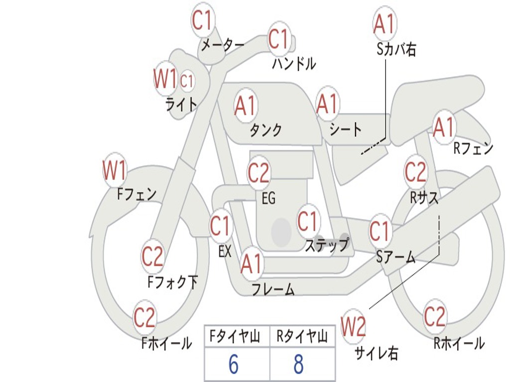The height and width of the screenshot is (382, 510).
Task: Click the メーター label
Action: pyautogui.click(x=223, y=45)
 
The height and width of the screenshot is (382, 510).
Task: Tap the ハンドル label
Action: pyautogui.click(x=294, y=63)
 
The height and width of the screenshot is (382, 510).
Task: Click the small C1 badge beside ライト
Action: pyautogui.click(x=186, y=81)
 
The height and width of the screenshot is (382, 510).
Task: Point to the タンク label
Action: pyautogui.click(x=266, y=130)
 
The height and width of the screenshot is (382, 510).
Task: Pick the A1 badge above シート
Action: pyautogui.click(x=327, y=104)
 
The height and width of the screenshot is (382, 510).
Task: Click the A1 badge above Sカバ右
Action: pyautogui.click(x=383, y=23)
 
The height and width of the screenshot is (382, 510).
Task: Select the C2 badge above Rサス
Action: pyautogui.click(x=415, y=172)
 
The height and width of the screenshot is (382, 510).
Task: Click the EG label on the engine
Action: pyautogui.click(x=268, y=198)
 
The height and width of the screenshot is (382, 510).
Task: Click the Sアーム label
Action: pyautogui.click(x=395, y=257)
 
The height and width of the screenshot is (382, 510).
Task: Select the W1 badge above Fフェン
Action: pyautogui.click(x=114, y=170)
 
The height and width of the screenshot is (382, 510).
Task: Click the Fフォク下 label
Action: pyautogui.click(x=172, y=283)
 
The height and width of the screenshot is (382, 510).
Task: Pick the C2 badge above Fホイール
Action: pyautogui.click(x=145, y=317)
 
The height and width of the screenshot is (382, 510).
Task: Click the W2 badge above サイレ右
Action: pyautogui.click(x=353, y=327)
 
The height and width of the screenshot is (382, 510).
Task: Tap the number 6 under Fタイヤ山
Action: pyautogui.click(x=233, y=365)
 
